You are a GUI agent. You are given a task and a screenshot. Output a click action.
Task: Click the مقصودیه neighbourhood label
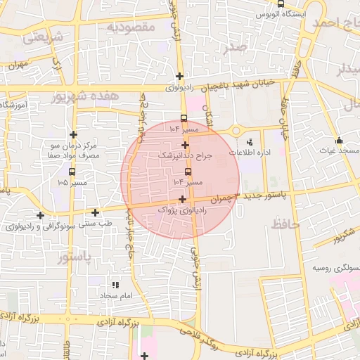tap(130, 27)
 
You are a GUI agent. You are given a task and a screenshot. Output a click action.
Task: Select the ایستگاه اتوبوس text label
tap(281, 14)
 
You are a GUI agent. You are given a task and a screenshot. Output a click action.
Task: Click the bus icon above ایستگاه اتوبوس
tap(281, 4)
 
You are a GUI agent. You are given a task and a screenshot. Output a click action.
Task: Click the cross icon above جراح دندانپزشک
tap(185, 145)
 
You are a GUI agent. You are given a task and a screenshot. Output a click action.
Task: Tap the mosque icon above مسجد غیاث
tap(339, 139)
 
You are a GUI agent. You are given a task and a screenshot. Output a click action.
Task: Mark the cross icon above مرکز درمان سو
tap(73, 134)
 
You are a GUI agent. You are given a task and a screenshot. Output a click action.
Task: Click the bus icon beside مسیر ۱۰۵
tap(72, 172)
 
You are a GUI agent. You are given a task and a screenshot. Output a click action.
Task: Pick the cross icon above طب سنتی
tap(95, 212)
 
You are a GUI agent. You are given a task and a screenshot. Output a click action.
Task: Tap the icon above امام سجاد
tap(117, 285)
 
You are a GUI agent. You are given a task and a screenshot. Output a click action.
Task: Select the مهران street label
tap(16, 65)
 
